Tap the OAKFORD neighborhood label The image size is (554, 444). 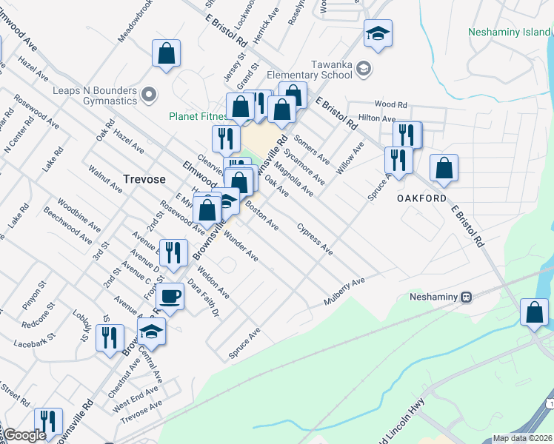pos(421,199)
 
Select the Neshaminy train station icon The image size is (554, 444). pos(466,297)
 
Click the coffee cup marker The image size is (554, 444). pos(170,296)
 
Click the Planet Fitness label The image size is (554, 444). pos(196,116)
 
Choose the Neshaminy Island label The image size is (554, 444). pos(510,32)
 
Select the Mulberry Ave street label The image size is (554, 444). pos(344,292)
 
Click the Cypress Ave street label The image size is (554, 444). pos(315,240)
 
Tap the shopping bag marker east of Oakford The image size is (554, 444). pos(444,168)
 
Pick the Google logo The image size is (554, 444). pos(24,435)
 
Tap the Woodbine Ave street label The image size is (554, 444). pos(75,209)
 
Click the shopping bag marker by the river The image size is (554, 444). pos(534,312)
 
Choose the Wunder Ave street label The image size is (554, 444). pos(238,246)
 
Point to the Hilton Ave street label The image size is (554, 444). pos(377,118)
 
